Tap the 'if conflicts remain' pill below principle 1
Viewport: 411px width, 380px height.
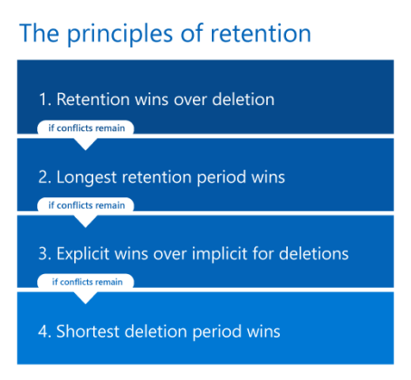pos(86,128)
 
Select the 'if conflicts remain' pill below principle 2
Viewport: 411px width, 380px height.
pos(86,204)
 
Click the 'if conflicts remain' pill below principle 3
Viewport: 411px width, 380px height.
pos(86,281)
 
